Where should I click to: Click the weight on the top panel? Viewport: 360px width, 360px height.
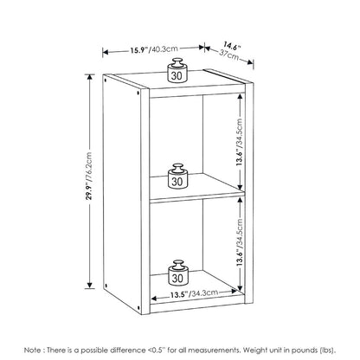pos(177,70)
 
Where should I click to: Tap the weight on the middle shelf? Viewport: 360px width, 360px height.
pos(177,177)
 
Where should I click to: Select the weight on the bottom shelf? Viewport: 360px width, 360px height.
pos(177,273)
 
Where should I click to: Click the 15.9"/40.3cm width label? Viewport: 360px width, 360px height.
pos(154,49)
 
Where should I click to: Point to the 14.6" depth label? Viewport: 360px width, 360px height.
pos(232,46)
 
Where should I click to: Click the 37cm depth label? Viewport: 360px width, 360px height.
pos(229,55)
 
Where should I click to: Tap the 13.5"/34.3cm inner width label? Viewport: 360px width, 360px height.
pos(194,294)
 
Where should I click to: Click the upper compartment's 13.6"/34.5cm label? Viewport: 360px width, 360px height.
pos(239,142)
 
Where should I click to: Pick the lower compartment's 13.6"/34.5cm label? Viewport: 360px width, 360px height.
pos(239,242)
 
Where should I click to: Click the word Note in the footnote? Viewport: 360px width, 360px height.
pos(32,350)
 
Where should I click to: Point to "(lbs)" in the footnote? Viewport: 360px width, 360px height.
pos(328,350)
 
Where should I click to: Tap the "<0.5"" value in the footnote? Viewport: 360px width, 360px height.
pos(158,350)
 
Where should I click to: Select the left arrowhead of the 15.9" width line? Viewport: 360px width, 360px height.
pos(106,52)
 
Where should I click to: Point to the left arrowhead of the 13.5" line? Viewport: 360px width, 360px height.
pos(154,299)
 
